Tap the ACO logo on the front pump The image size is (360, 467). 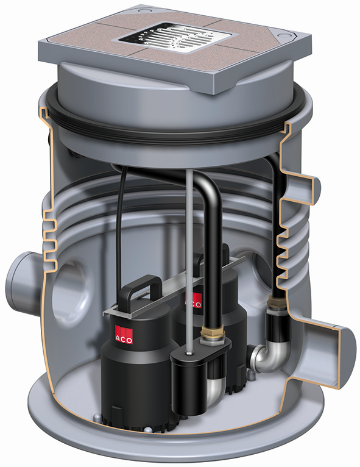124,334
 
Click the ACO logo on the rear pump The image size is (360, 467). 193,299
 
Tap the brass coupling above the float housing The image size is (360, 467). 212,333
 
